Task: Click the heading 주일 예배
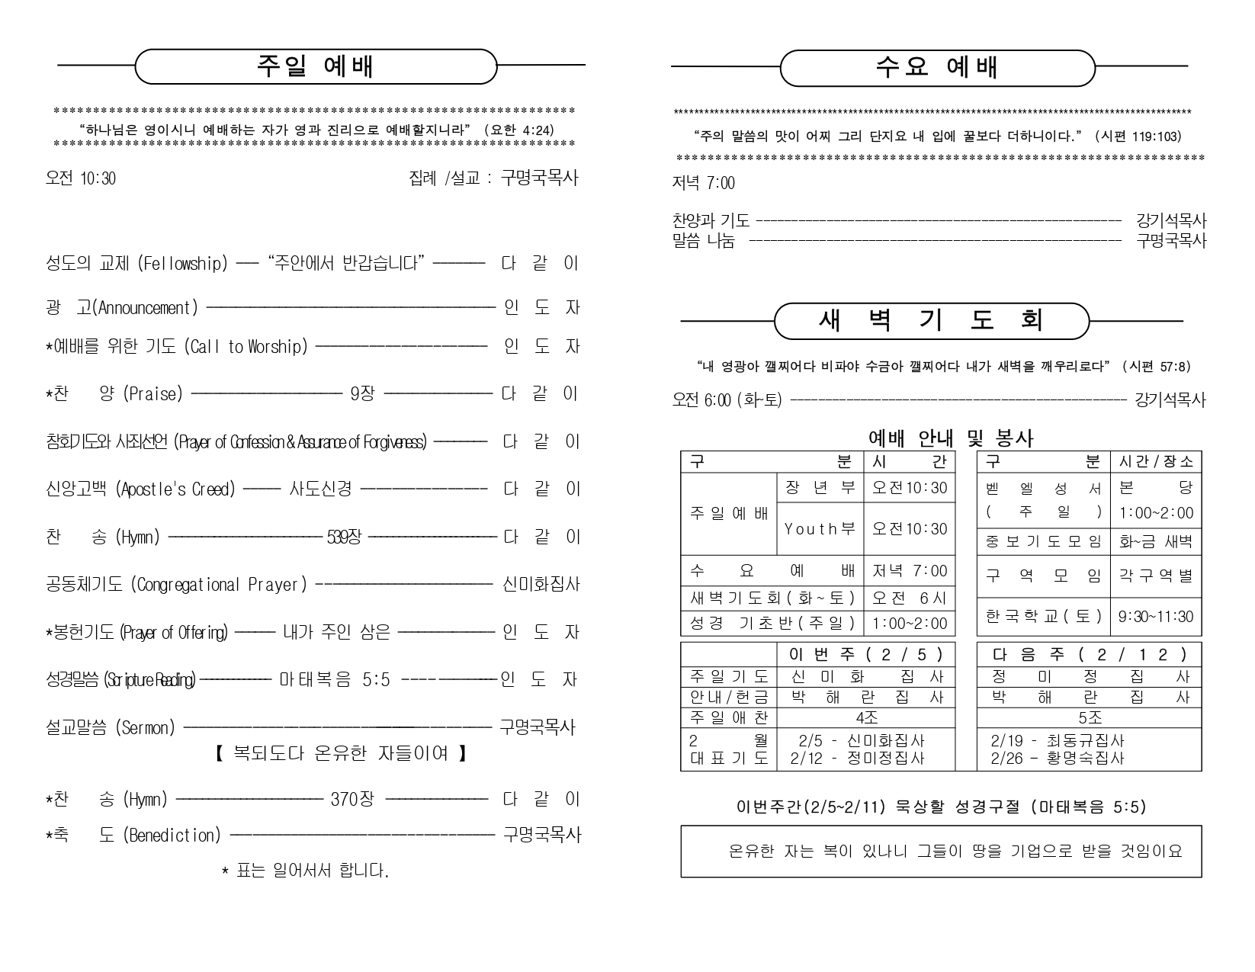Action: tap(315, 66)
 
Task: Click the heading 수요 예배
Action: tap(937, 67)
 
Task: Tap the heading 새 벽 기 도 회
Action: tap(930, 321)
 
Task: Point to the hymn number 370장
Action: tap(352, 800)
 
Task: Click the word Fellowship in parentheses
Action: tap(183, 264)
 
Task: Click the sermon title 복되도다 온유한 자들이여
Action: tap(339, 754)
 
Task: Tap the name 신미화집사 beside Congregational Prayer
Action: tap(541, 585)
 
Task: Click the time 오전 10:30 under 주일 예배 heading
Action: tap(81, 178)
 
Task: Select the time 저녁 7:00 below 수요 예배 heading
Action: tap(703, 183)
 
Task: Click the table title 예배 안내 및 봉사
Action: tap(951, 438)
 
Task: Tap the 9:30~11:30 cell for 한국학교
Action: tap(1156, 617)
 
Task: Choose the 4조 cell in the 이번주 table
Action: tap(866, 717)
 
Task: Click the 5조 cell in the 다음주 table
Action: tap(1090, 717)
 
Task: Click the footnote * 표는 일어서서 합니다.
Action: tap(305, 871)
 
